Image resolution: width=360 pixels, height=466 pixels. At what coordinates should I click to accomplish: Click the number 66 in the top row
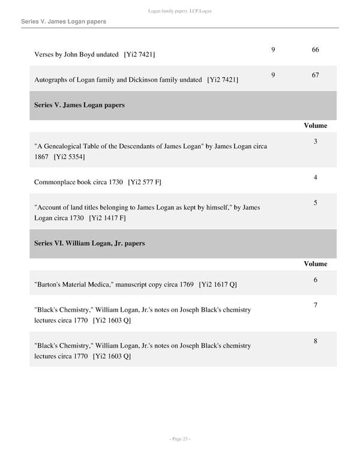[316, 49]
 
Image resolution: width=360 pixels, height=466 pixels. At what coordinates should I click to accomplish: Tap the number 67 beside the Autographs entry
[316, 75]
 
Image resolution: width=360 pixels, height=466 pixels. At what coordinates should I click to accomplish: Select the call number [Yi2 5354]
[69, 157]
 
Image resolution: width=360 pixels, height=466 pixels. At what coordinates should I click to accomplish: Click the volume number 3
[316, 142]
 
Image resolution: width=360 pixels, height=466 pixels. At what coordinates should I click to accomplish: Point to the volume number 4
[316, 177]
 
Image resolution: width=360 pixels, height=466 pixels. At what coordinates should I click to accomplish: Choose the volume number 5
[316, 203]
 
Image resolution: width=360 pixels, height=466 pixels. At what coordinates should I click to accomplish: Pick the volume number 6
[316, 280]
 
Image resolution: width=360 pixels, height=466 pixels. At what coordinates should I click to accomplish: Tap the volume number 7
[316, 306]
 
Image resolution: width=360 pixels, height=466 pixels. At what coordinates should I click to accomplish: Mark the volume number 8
[316, 341]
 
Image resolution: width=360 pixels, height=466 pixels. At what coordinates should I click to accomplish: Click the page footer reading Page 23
[180, 439]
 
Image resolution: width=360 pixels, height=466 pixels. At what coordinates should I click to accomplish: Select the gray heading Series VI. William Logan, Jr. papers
[89, 244]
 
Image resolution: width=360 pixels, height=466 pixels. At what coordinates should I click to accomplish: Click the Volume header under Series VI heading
[316, 264]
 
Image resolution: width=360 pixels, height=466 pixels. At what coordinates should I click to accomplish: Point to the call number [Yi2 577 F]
[145, 181]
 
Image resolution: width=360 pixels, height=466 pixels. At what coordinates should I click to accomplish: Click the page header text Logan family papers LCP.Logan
[180, 11]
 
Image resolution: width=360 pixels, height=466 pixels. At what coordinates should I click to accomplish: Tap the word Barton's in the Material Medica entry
[49, 284]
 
